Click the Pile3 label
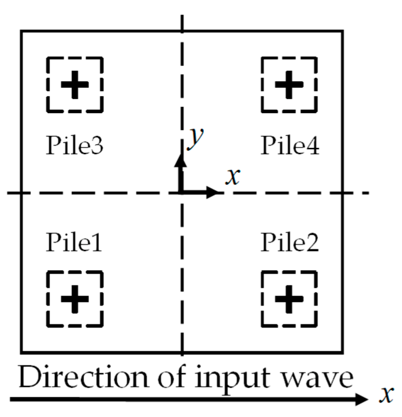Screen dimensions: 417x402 (74, 145)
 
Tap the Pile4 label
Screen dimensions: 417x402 (290, 145)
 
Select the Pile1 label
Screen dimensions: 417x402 (74, 243)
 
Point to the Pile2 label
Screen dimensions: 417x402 (290, 243)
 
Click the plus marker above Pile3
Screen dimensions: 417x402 (75, 85)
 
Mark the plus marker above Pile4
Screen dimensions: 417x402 (289, 85)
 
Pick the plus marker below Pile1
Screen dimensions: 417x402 (75, 299)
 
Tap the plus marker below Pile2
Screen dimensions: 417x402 (289, 299)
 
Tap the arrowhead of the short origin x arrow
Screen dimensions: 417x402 (213, 193)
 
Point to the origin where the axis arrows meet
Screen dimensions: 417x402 (182, 193)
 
